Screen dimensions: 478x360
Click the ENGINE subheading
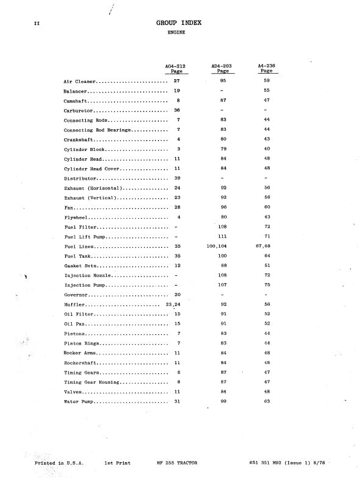(x=177, y=33)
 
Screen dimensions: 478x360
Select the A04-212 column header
(x=177, y=68)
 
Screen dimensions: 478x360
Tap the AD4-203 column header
(x=223, y=68)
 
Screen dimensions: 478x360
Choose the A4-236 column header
(x=266, y=68)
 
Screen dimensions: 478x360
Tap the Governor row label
(x=77, y=295)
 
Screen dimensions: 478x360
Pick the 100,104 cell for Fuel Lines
(x=223, y=247)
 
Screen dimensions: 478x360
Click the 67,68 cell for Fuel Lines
(x=266, y=247)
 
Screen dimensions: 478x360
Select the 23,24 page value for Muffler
(x=173, y=304)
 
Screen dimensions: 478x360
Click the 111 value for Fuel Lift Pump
(x=223, y=236)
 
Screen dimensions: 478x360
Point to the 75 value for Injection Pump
(x=267, y=285)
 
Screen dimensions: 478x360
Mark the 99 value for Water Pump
(x=223, y=402)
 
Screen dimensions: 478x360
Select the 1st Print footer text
(x=117, y=463)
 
